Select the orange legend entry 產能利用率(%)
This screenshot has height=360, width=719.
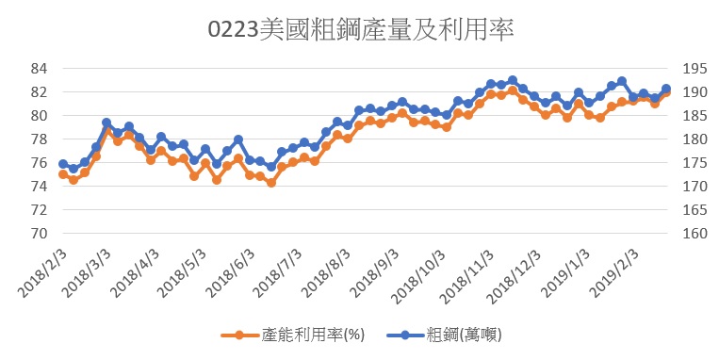(x=292, y=335)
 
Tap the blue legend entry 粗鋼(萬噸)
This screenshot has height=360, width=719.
(x=444, y=335)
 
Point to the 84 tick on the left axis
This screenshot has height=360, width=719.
(x=39, y=69)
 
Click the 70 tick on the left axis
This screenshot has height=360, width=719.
(x=39, y=234)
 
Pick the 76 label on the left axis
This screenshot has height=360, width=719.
(x=39, y=163)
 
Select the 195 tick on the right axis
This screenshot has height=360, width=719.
(x=695, y=69)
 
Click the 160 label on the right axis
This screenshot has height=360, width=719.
(x=695, y=234)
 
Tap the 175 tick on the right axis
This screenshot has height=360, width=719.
(x=695, y=163)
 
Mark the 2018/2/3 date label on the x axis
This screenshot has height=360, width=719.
(x=42, y=273)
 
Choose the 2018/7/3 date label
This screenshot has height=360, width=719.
(x=277, y=273)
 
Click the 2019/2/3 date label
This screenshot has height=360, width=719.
(x=614, y=273)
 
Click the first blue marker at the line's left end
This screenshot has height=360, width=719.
(x=63, y=164)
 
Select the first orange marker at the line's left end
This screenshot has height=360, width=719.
(x=63, y=174)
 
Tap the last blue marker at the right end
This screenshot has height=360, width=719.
(x=666, y=89)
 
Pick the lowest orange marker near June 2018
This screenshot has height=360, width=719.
(x=271, y=183)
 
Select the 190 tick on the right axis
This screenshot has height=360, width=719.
(x=695, y=92)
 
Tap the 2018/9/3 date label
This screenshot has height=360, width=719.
(x=374, y=273)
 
